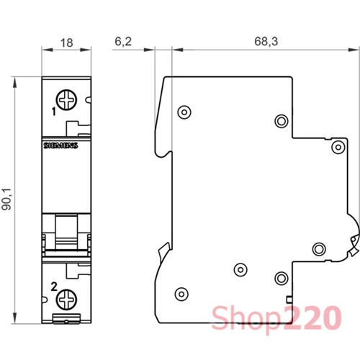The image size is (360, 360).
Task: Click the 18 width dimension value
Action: click(x=66, y=43)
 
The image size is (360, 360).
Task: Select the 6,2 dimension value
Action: click(x=123, y=42)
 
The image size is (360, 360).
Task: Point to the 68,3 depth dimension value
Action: click(x=266, y=42)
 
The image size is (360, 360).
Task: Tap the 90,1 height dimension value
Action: click(x=6, y=199)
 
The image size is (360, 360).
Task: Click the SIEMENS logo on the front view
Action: click(x=60, y=145)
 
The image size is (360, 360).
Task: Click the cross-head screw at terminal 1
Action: click(x=66, y=100)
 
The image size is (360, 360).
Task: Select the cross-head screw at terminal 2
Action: click(x=66, y=300)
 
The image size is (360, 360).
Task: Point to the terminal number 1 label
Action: click(x=54, y=112)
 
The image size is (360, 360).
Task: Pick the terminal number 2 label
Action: click(x=54, y=287)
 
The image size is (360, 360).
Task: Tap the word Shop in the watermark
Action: click(x=246, y=318)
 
